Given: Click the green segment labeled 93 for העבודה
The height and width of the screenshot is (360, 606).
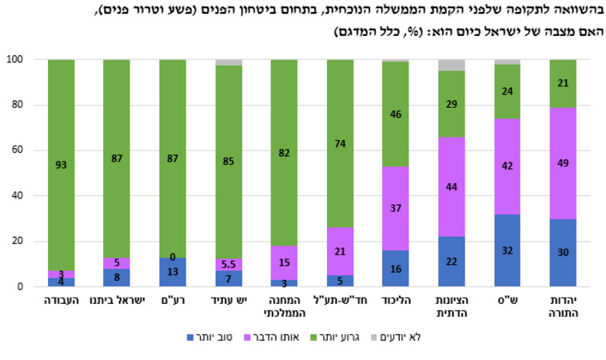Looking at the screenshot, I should (x=62, y=165).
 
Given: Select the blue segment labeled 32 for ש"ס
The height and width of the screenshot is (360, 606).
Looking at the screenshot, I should (x=507, y=250).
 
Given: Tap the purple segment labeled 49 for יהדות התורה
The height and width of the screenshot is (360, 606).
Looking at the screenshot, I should (x=562, y=163).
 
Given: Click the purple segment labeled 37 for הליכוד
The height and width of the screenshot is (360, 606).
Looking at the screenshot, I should (x=396, y=208).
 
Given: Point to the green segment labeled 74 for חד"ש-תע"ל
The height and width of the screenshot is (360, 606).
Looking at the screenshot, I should (x=340, y=143).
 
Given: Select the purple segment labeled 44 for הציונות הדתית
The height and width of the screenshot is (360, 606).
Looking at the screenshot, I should (x=452, y=186).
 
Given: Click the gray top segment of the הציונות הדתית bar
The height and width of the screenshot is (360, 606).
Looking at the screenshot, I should (x=452, y=65).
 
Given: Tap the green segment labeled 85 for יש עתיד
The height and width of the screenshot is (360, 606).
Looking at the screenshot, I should (x=229, y=162).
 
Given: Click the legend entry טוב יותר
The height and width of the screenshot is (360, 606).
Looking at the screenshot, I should (x=215, y=338).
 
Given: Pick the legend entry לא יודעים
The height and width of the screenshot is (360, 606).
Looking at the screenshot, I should (x=417, y=338).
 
